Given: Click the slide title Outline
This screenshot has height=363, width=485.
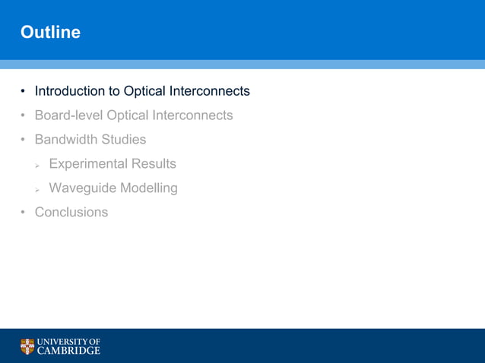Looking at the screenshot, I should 50,33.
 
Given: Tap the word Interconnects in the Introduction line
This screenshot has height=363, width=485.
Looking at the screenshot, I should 209,91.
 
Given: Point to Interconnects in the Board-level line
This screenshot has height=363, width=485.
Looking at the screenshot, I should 192,115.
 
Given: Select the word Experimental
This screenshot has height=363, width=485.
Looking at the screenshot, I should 88,164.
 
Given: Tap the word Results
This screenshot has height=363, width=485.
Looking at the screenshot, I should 154,164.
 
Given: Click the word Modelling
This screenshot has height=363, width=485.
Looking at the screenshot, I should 149,188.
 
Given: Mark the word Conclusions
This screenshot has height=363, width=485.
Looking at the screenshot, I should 71,213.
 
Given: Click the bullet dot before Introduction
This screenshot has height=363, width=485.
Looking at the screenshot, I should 24,92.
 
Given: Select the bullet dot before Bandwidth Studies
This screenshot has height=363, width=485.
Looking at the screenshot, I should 24,140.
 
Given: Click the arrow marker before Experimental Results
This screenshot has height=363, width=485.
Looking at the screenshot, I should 37,165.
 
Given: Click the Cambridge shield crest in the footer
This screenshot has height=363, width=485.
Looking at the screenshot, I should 27,346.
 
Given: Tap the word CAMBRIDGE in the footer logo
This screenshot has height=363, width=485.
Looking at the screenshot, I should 69,351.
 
